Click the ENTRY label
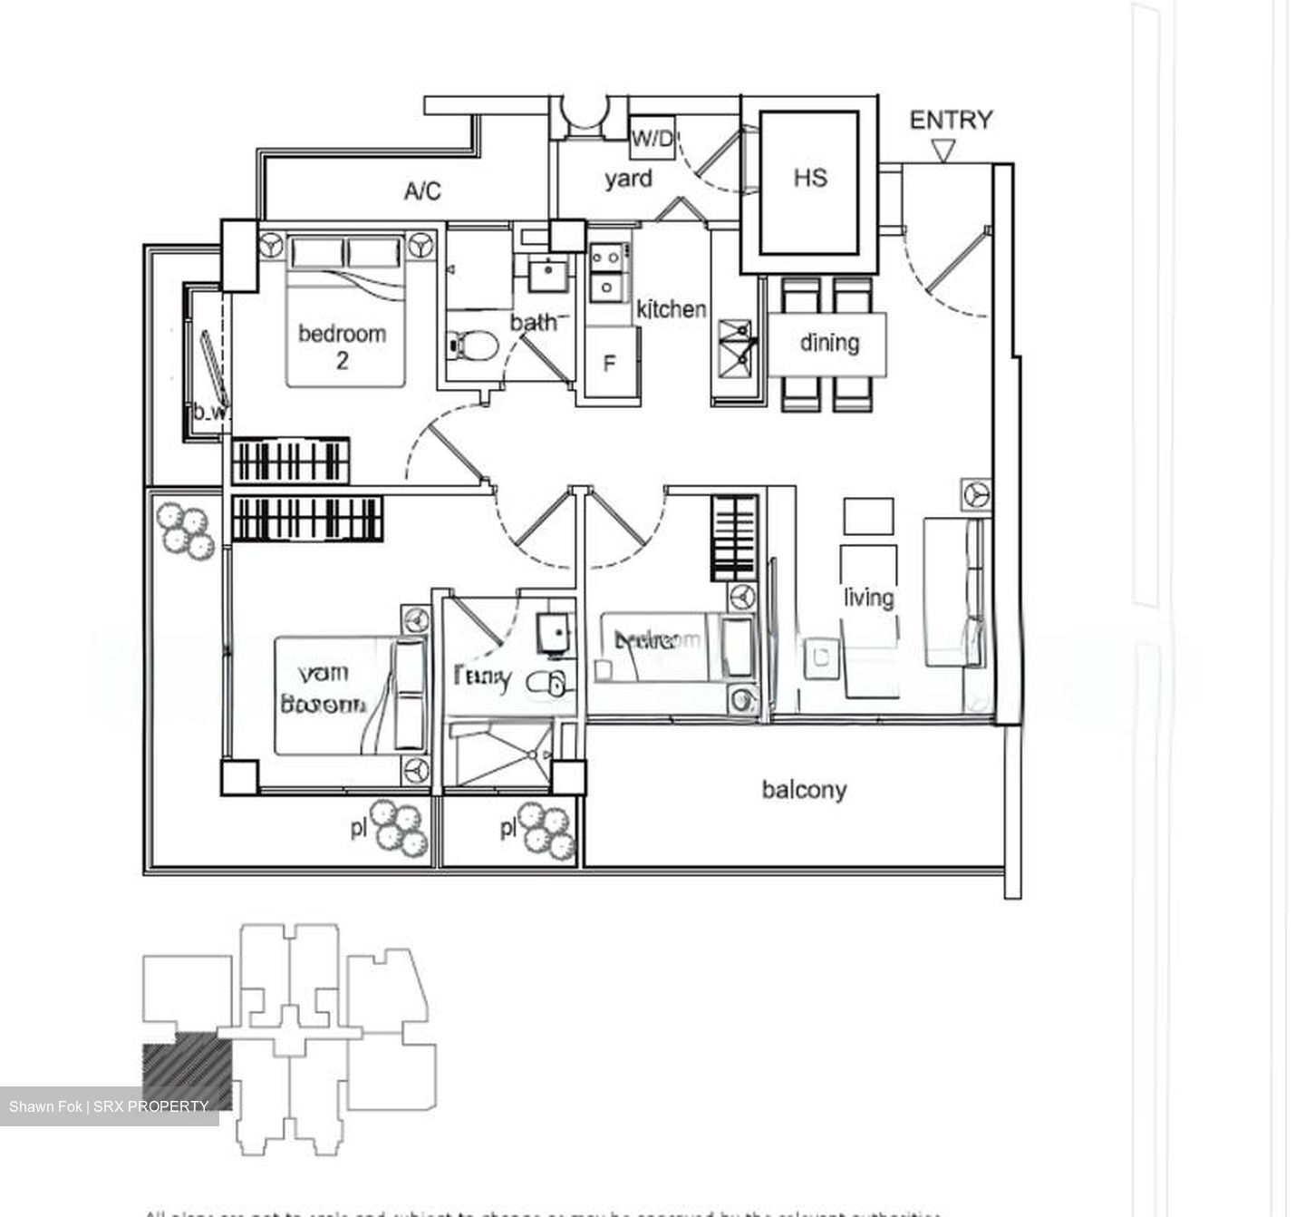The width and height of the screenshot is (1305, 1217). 951,120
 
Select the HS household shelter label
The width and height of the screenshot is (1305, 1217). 809,178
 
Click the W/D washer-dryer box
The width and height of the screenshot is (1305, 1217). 652,140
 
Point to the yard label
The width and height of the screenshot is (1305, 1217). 628,179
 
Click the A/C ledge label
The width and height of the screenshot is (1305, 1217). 422,191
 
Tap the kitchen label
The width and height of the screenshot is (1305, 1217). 671,309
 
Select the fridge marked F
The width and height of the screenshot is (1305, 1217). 610,364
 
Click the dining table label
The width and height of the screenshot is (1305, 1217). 829,343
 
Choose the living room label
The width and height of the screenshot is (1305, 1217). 868,598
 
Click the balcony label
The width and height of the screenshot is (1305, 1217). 804,789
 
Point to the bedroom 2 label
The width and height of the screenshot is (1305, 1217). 342,346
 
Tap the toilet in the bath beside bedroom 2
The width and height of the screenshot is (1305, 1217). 472,346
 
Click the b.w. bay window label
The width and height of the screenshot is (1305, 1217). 209,413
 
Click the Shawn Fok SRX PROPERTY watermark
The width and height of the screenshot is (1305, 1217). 109,1106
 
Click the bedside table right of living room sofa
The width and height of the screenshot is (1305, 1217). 977,495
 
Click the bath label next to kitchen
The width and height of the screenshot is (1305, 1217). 533,322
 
